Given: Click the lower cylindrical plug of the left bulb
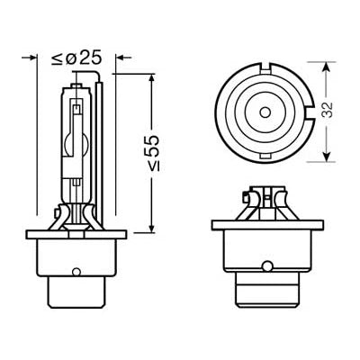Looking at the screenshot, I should [x=75, y=288].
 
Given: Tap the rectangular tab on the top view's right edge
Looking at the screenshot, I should [x=308, y=111].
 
